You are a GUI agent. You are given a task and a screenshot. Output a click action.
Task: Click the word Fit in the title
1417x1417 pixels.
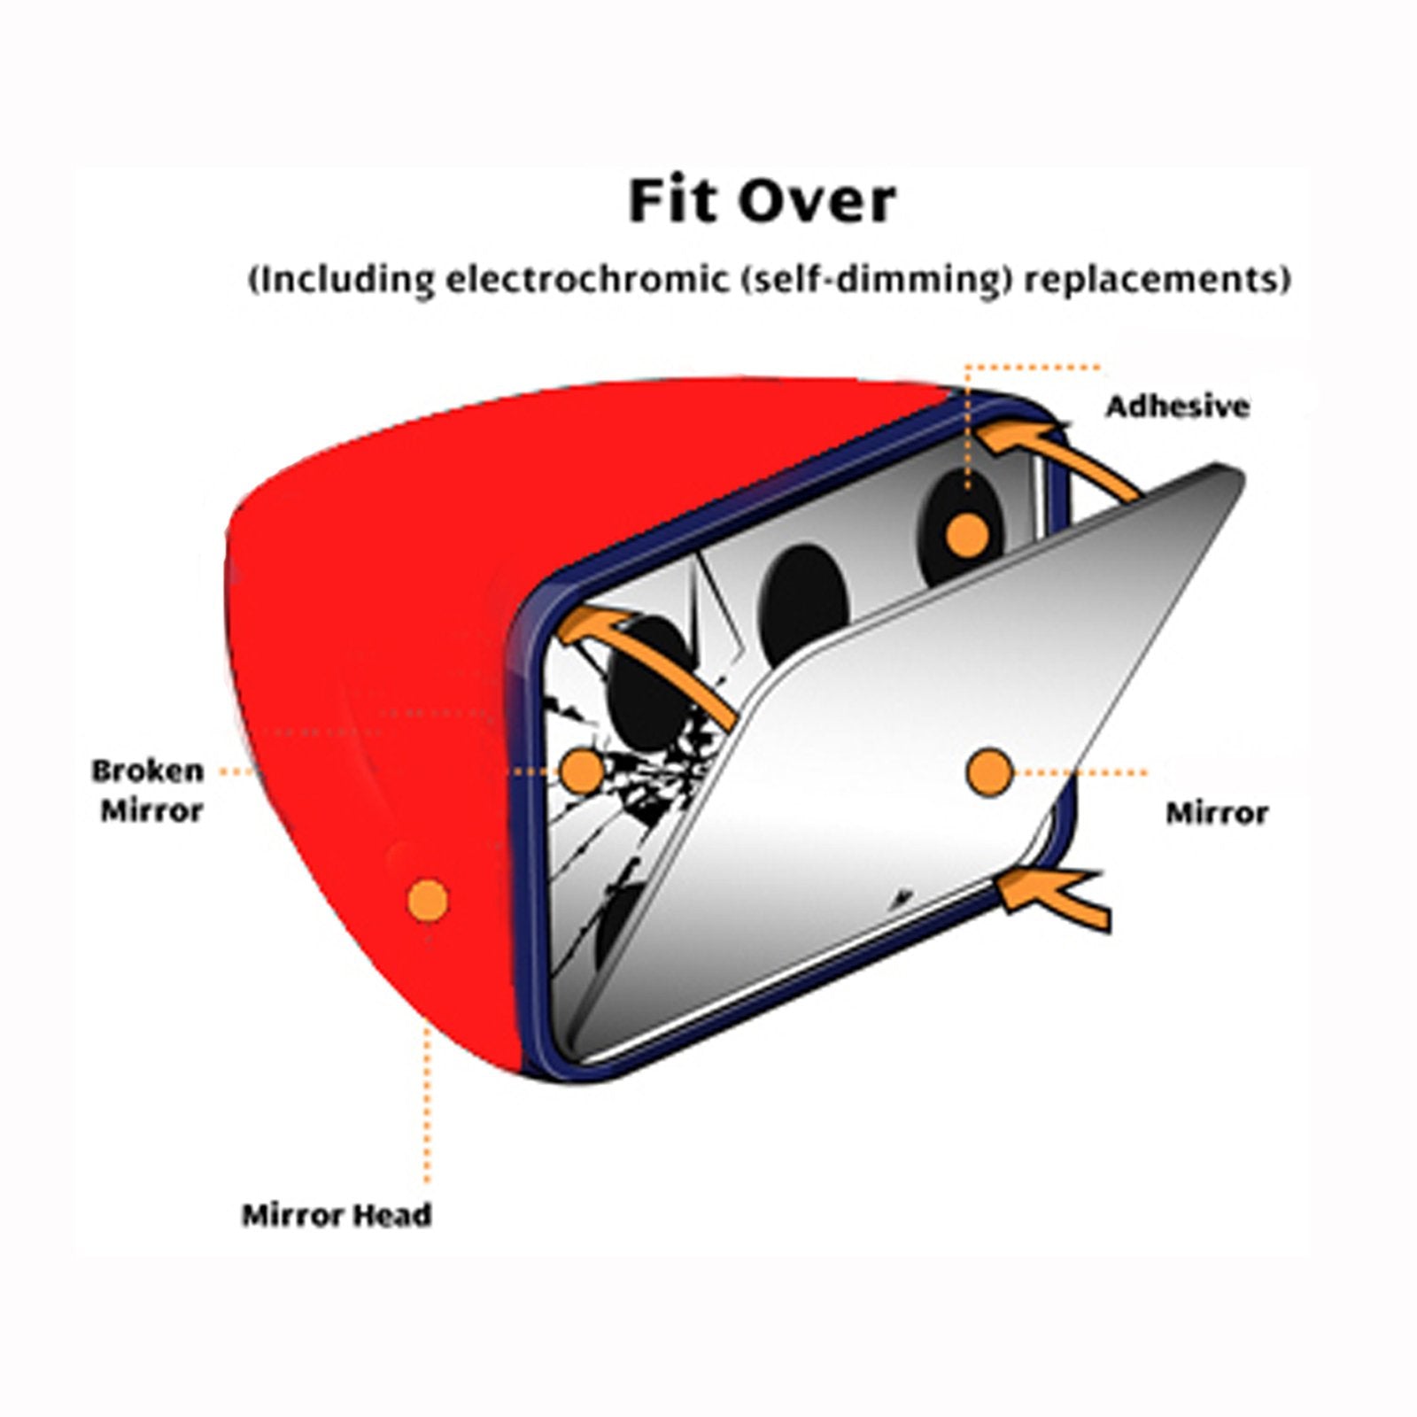click(x=673, y=202)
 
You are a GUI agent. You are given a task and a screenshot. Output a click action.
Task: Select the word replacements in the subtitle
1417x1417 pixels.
click(x=1157, y=280)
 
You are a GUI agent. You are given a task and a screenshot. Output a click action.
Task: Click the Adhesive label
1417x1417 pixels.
click(x=1177, y=407)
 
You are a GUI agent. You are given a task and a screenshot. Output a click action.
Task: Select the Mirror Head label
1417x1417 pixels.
click(x=337, y=1214)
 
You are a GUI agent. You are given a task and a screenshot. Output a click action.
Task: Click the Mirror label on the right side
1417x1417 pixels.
click(x=1216, y=812)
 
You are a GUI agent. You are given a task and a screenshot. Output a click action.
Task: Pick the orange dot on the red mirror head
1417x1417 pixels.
click(x=427, y=900)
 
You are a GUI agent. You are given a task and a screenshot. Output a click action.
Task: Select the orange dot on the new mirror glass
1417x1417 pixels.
click(x=988, y=772)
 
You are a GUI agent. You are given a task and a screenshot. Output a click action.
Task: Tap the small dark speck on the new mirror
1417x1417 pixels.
click(x=901, y=897)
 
